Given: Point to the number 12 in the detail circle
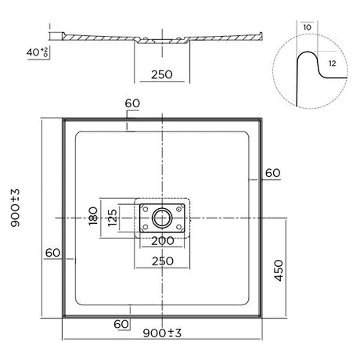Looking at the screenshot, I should tap(333, 63).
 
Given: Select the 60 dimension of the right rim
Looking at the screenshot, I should tap(272, 173).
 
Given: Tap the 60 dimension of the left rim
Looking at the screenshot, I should tap(52, 253).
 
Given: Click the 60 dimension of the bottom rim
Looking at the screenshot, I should tap(122, 323).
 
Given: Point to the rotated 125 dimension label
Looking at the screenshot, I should tap(113, 216).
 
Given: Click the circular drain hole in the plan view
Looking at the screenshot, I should tap(162, 217).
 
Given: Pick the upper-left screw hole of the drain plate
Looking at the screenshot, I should tap(143, 207).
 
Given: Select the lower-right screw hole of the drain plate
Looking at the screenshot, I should tap(181, 227).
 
